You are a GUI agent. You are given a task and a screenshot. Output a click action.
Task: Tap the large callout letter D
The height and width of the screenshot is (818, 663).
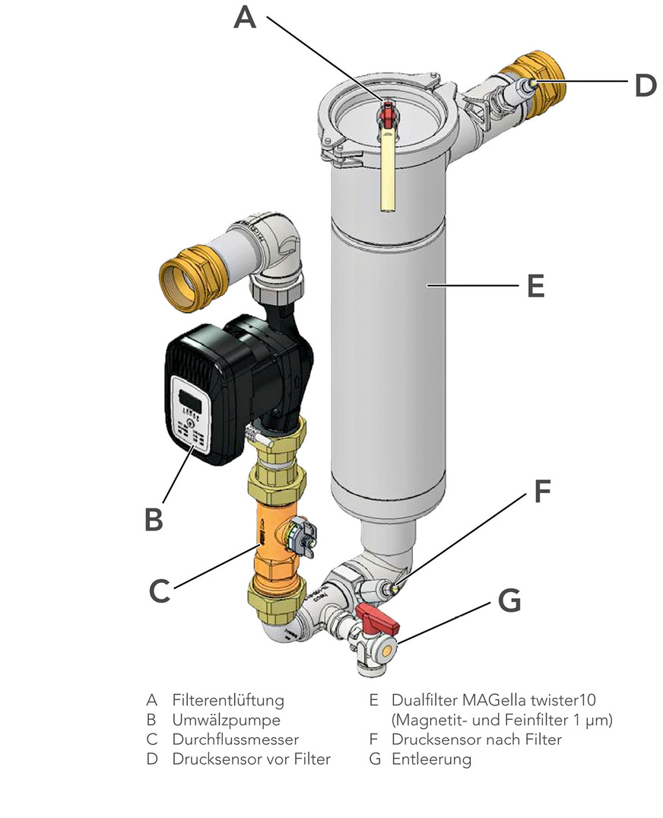(645, 85)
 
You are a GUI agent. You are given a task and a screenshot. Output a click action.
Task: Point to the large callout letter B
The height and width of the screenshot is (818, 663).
(154, 519)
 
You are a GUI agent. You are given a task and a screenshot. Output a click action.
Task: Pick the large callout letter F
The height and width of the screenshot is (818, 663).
(541, 492)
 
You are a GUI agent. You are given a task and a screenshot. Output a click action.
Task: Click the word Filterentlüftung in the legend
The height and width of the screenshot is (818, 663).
(228, 700)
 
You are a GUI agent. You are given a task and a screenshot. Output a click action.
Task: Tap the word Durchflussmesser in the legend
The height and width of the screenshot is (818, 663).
(236, 740)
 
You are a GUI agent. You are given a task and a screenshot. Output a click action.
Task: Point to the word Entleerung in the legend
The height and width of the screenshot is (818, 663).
(431, 759)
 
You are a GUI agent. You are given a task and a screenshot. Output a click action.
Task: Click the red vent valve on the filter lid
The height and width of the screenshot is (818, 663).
(389, 114)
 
